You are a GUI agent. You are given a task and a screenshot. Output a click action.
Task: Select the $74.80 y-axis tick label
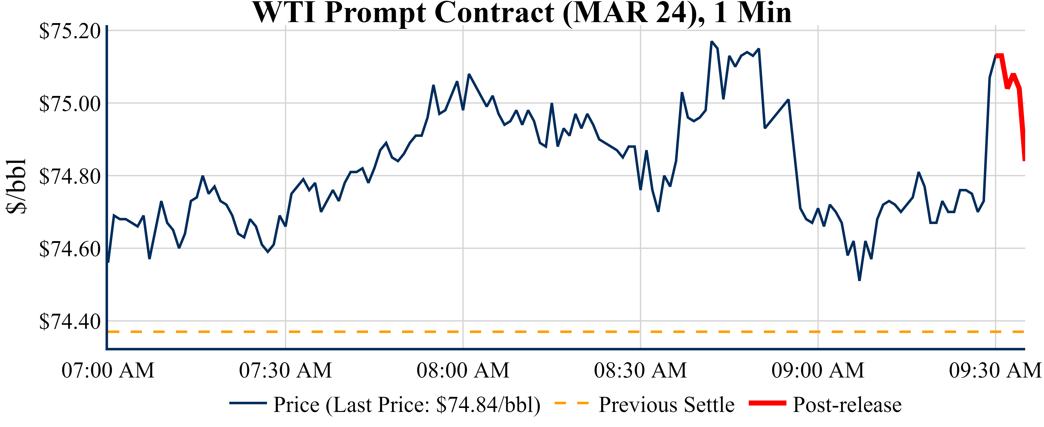tap(70, 176)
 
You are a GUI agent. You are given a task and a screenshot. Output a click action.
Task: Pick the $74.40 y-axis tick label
tap(70, 322)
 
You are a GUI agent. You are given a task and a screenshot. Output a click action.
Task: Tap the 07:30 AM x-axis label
tap(285, 370)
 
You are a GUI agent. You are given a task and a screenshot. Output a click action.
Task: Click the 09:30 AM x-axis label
tap(995, 370)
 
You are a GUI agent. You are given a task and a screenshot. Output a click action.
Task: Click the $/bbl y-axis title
tap(16, 186)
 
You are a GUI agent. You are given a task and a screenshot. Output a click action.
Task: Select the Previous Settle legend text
tap(666, 404)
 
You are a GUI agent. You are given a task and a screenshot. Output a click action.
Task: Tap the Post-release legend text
tap(847, 404)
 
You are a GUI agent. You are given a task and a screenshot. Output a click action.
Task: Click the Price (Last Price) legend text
tap(407, 404)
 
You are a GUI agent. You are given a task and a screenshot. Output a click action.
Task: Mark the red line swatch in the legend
tap(767, 403)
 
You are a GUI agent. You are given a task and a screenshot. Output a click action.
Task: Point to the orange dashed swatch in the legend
tap(571, 403)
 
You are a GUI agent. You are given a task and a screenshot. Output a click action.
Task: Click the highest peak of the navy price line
tap(711, 42)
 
